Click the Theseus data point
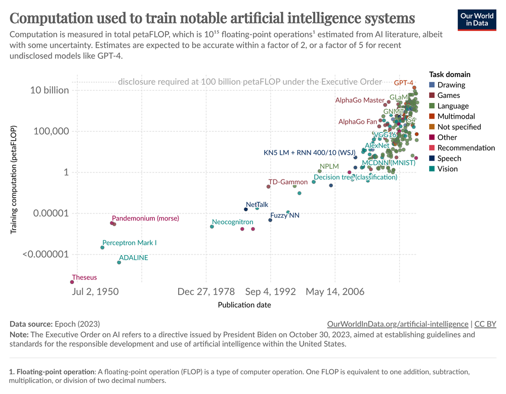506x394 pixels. pos(72,282)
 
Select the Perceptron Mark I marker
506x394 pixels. pos(102,247)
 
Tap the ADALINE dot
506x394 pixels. pos(119,262)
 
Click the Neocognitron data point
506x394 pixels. pos(212,227)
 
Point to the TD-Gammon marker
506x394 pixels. pos(268,187)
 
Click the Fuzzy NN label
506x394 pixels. pos(285,216)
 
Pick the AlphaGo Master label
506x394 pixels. pos(360,100)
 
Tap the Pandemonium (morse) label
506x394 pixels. pos(145,219)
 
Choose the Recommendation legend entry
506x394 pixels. pos(466,148)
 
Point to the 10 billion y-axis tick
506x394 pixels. pos(50,90)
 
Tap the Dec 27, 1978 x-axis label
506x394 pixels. pos(206,292)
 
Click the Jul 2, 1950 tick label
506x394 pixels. pos(96,292)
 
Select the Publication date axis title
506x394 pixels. pos(244,305)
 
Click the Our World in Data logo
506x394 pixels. pos(477,19)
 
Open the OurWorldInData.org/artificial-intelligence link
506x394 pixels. pos(398,324)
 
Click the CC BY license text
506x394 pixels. pos(485,324)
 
